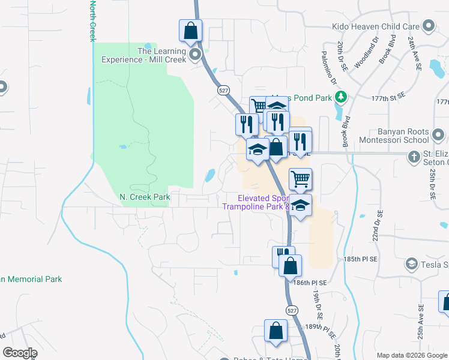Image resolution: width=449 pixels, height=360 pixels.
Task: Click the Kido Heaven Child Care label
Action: click(x=376, y=26)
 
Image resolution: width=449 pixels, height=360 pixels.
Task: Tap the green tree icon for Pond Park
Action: click(x=341, y=97)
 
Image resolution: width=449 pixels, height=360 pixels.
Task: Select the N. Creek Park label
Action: click(x=145, y=197)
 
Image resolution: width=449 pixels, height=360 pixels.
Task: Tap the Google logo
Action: click(x=20, y=353)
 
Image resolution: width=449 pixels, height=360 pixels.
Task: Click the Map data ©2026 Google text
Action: click(x=411, y=355)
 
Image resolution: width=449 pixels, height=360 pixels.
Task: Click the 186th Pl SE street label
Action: click(x=310, y=282)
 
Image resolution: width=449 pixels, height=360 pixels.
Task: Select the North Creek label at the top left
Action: click(x=93, y=20)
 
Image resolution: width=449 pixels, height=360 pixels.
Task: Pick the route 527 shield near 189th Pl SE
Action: click(x=291, y=311)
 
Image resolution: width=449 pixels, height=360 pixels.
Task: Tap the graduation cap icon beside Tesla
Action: click(x=411, y=263)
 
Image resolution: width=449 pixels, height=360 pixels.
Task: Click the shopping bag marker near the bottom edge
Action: click(x=276, y=331)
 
